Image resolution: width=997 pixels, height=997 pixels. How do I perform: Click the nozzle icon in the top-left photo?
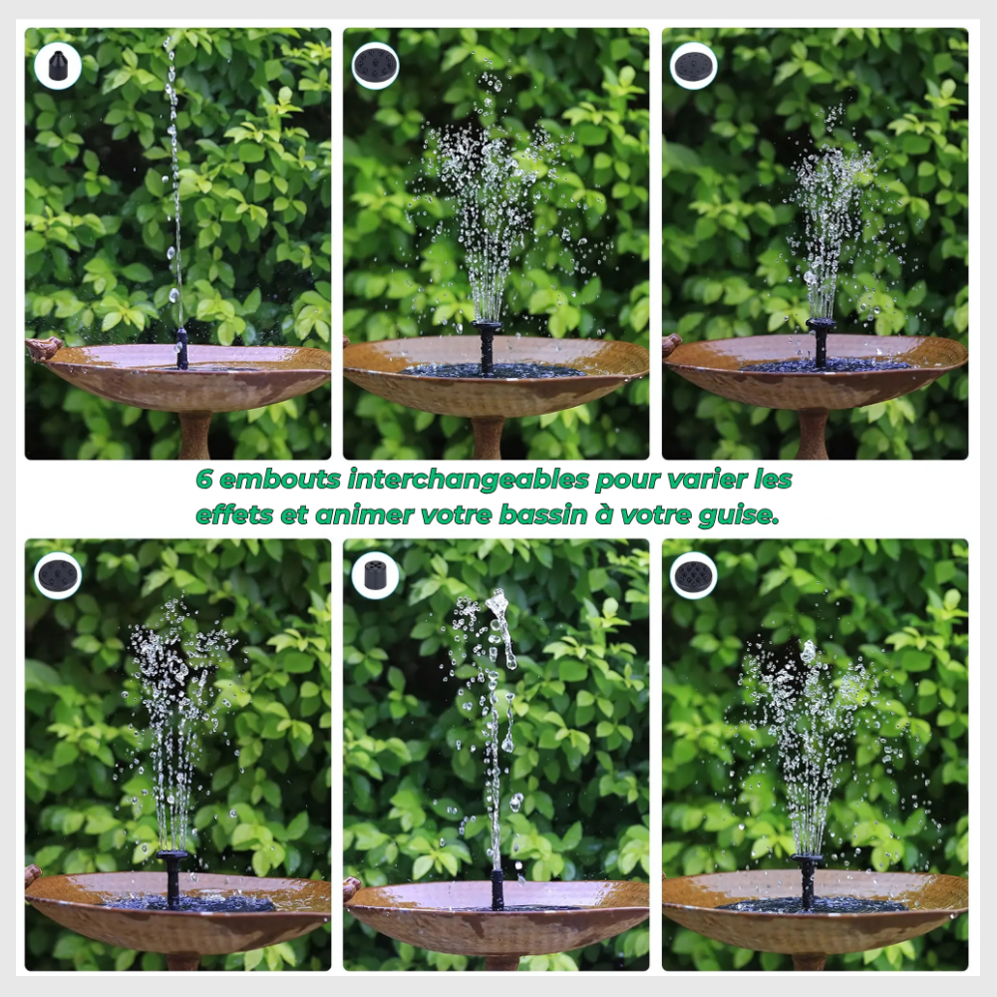pos(57,66)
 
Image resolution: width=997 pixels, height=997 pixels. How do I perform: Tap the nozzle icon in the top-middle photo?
pos(375,66)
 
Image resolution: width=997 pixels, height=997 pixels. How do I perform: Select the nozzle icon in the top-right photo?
pos(693,66)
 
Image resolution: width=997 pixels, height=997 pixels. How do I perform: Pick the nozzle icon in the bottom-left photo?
pos(58,576)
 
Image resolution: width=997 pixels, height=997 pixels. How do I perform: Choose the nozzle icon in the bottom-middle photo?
pos(375,576)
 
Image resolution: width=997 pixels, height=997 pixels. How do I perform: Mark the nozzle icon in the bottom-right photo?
pos(693,576)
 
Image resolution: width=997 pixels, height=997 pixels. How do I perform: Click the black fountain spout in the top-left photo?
pos(182,348)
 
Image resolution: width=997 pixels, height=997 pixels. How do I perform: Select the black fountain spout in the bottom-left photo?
pos(172,878)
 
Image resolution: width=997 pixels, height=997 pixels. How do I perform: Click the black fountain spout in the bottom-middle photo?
pos(498,889)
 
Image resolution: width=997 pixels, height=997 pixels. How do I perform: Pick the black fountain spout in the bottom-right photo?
pos(808,880)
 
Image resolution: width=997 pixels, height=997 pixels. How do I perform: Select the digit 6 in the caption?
pos(203,479)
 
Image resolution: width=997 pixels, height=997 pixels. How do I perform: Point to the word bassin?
pos(543,514)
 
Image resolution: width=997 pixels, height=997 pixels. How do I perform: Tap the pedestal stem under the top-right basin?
pos(813,434)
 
